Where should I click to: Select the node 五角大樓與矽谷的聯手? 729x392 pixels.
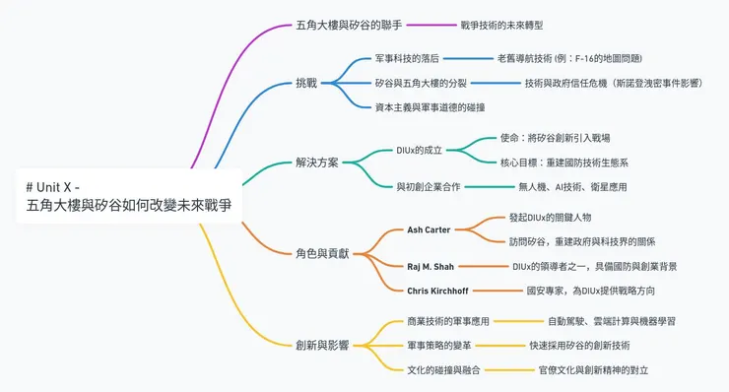point(349,25)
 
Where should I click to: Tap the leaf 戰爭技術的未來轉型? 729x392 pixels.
point(501,25)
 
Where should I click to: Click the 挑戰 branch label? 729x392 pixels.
point(306,83)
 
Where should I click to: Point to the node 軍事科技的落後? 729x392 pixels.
point(407,59)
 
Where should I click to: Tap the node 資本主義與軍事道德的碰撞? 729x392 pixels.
point(430,107)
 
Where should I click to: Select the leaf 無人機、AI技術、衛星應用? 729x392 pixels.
point(572,186)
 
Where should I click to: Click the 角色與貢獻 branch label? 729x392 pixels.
point(322,253)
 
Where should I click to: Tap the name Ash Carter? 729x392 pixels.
point(429,229)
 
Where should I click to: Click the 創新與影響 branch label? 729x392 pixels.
point(322,345)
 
